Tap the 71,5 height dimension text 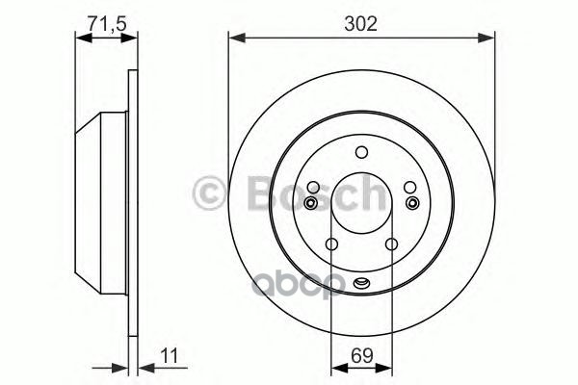pyautogui.click(x=102, y=19)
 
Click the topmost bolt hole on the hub pyautogui.click(x=361, y=152)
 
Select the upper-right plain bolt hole pyautogui.click(x=408, y=189)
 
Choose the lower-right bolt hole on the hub pyautogui.click(x=391, y=244)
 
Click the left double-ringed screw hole pyautogui.click(x=310, y=203)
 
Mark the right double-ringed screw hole pyautogui.click(x=412, y=203)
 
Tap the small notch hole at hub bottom pyautogui.click(x=361, y=282)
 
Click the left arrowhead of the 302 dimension pyautogui.click(x=234, y=38)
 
